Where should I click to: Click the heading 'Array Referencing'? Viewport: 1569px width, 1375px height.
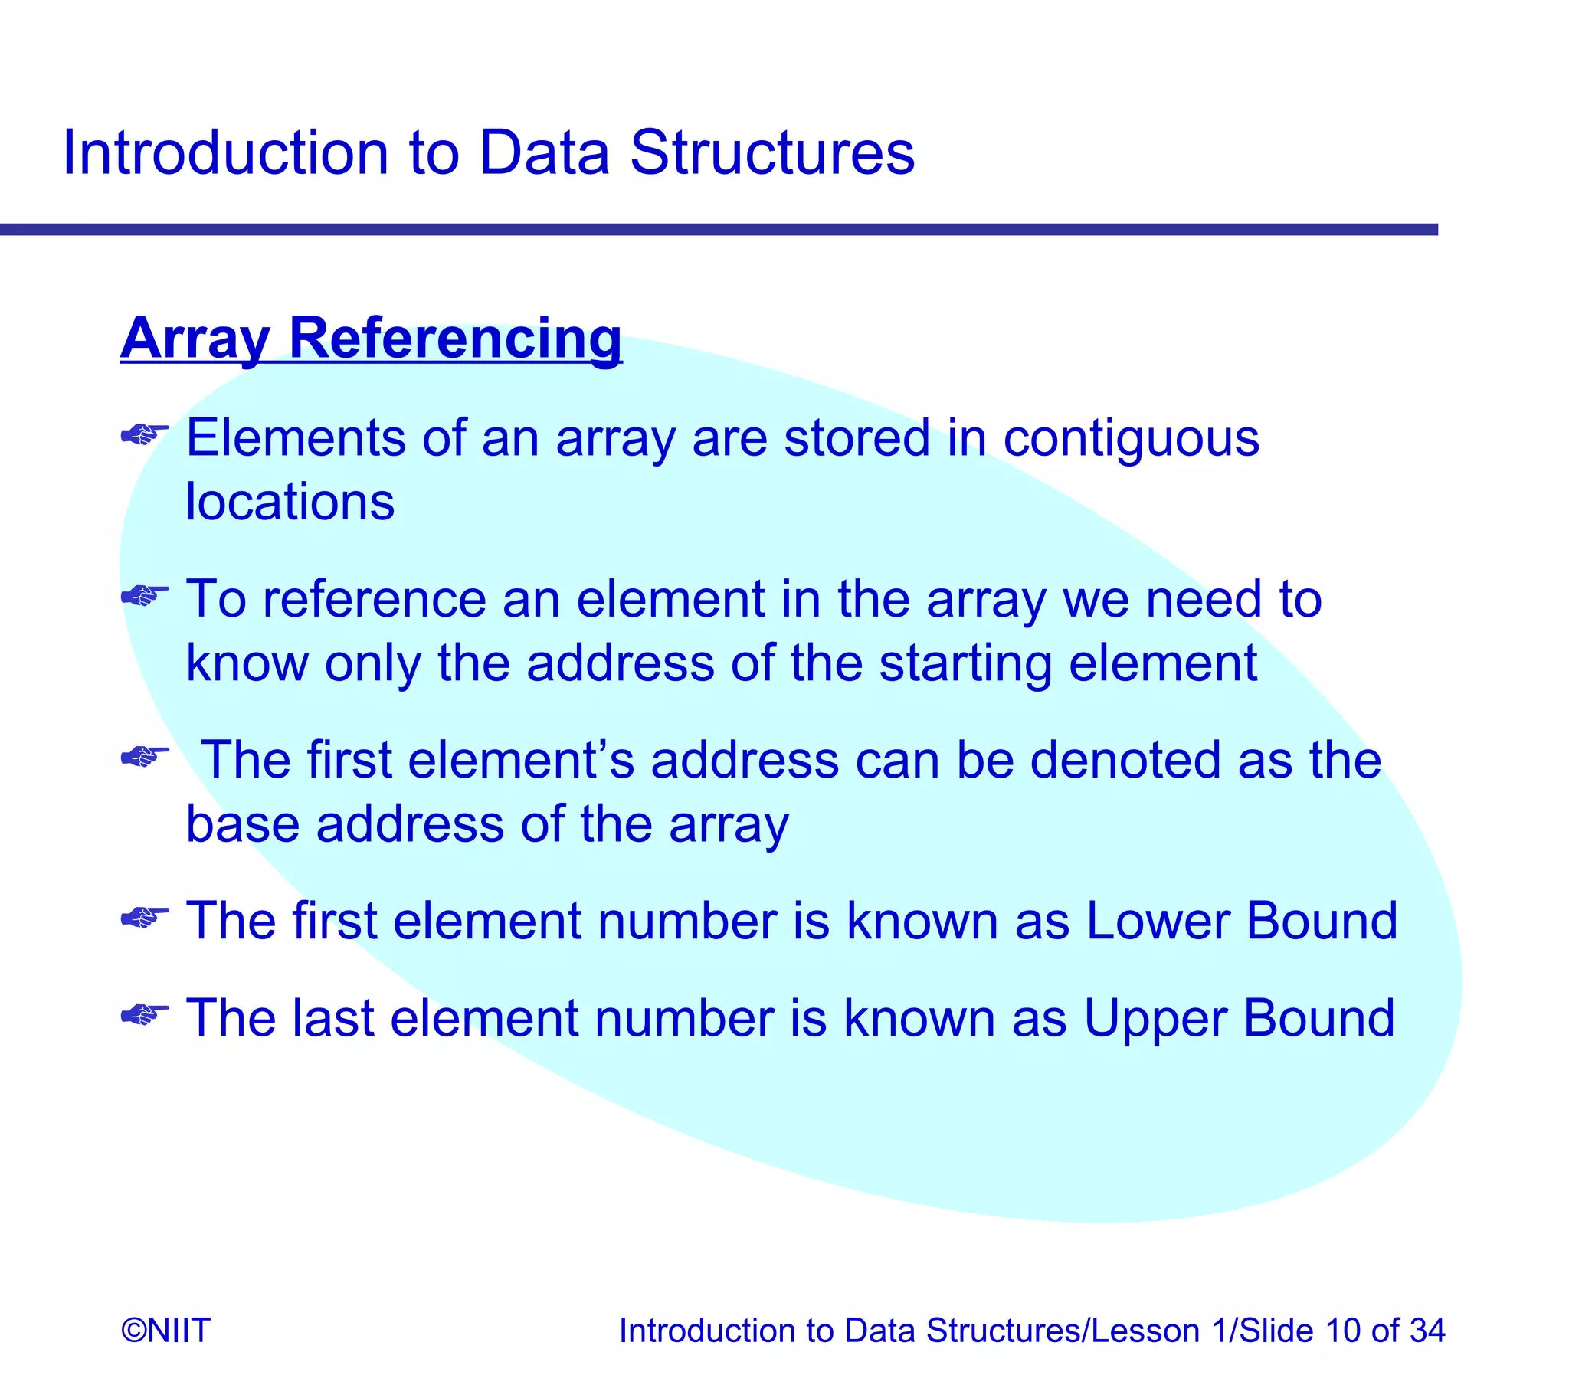coord(371,339)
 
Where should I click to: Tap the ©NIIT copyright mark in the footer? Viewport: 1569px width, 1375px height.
coord(165,1330)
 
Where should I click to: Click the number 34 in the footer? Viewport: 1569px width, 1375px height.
coord(1427,1330)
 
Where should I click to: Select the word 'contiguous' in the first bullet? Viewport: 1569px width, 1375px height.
coord(1131,439)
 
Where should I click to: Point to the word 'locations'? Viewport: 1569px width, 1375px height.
coord(290,503)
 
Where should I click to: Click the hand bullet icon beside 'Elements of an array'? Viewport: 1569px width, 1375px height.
coord(145,435)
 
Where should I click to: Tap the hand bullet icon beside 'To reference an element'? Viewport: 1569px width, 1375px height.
coord(145,594)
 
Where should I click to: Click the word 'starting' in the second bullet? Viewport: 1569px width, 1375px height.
coord(965,663)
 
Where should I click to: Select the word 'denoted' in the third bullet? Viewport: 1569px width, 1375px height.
coord(1125,760)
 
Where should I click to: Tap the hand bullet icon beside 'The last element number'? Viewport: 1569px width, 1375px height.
coord(145,1014)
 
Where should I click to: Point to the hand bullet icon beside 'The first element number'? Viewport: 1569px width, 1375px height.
coord(145,916)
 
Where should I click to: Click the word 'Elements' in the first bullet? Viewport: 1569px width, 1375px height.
coord(296,439)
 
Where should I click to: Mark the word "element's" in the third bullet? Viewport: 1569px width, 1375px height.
coord(521,760)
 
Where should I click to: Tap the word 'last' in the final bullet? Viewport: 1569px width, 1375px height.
coord(332,1019)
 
